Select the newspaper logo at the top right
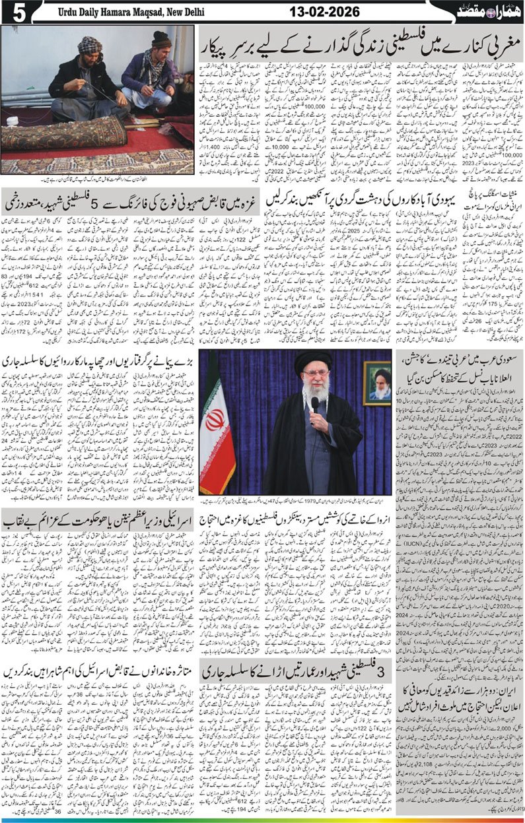487,11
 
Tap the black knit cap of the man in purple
161,40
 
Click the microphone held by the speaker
315,402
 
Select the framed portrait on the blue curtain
376,383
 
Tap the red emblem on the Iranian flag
217,420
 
